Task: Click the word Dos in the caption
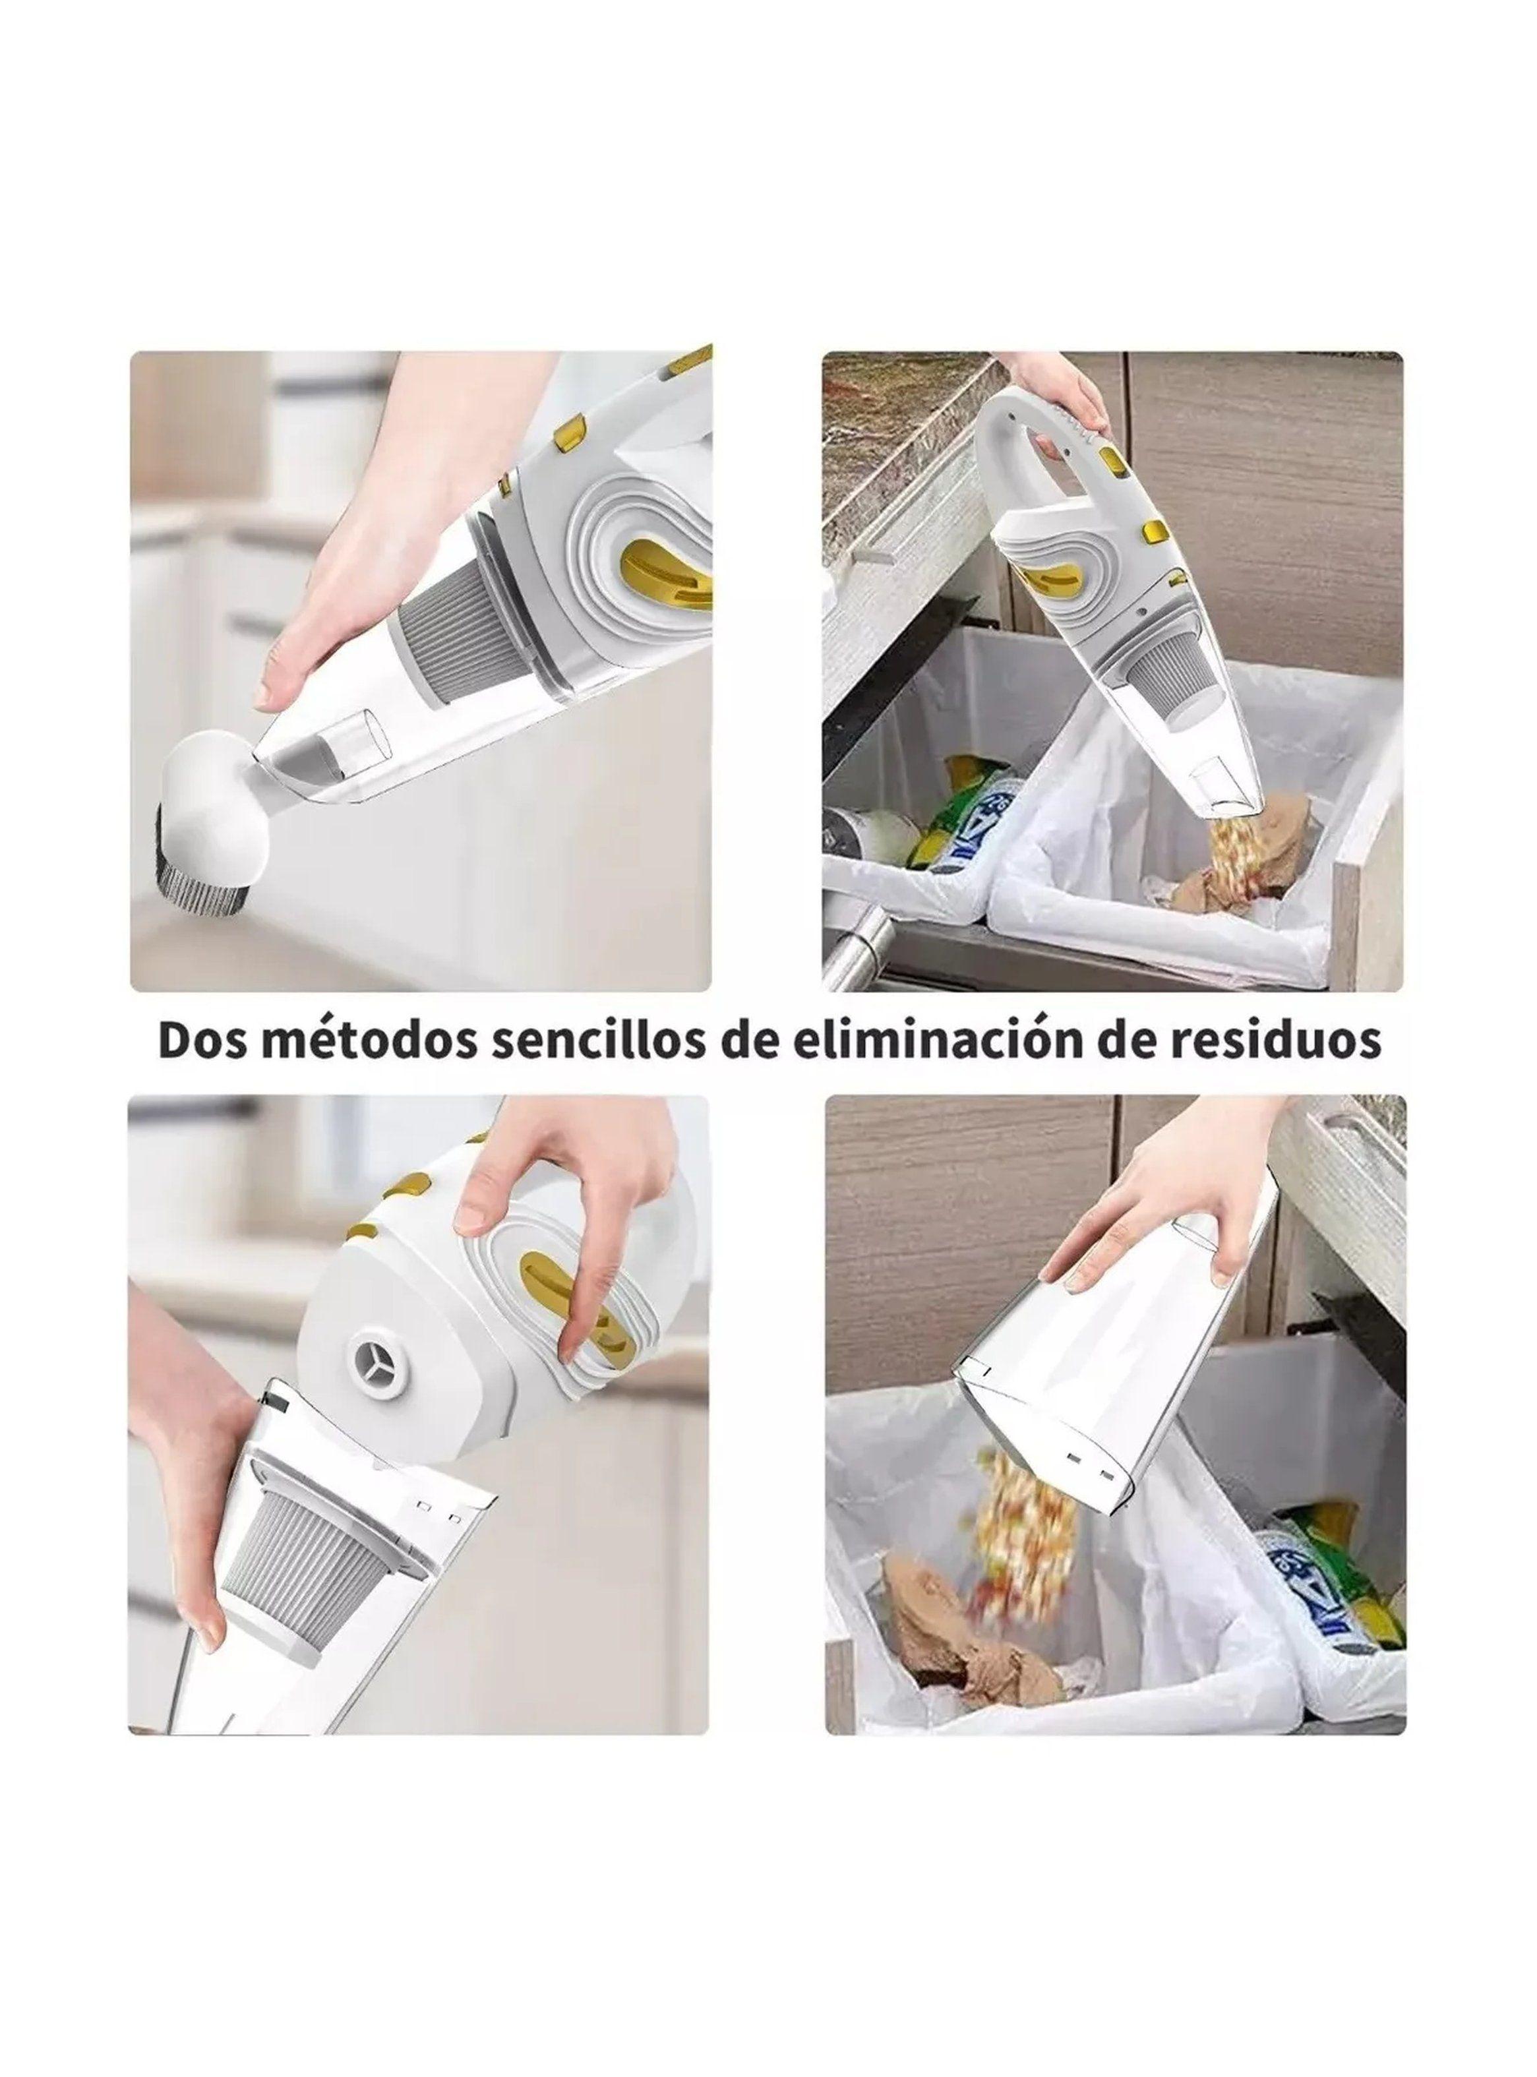coord(204,1041)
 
